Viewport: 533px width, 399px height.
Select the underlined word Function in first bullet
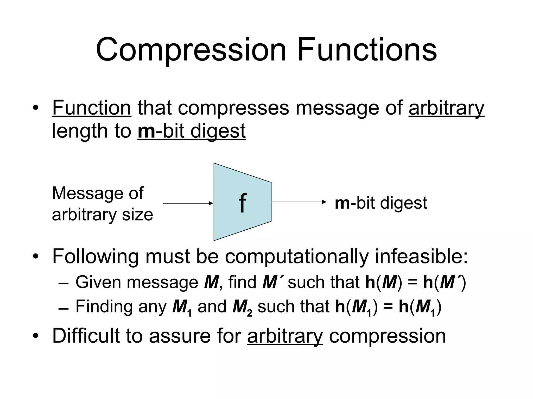click(92, 108)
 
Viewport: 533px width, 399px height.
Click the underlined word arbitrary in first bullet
click(446, 108)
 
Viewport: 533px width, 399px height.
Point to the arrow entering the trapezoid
click(188, 203)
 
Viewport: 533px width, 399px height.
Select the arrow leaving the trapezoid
click(299, 202)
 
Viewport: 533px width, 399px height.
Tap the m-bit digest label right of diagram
click(381, 203)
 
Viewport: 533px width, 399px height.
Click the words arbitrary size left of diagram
click(103, 215)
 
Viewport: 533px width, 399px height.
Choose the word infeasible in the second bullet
click(421, 257)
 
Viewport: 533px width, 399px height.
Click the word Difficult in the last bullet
click(86, 336)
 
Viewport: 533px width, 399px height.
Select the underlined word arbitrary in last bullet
click(285, 336)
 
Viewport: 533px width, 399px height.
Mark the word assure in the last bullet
click(179, 336)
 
